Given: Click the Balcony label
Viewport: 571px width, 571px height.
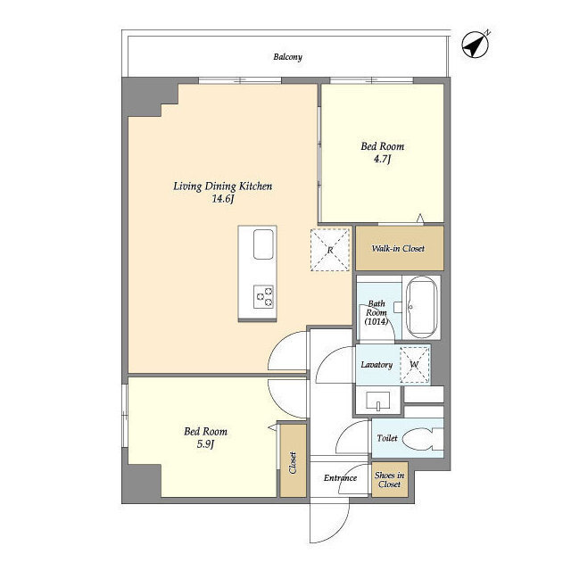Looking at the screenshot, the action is (287, 57).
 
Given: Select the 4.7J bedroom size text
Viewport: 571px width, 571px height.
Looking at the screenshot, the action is (382, 159).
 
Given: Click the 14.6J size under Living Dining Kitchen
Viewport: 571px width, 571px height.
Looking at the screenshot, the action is (222, 199).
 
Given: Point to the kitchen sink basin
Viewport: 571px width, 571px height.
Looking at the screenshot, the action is (263, 244).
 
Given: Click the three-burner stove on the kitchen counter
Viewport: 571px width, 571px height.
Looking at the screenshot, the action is (263, 297).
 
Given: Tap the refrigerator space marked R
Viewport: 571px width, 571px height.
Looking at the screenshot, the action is (330, 250).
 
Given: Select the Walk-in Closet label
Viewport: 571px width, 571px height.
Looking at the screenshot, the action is (398, 248).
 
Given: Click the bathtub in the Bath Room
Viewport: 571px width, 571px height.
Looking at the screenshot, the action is (421, 308).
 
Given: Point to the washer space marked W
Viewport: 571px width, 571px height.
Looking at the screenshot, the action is (415, 365).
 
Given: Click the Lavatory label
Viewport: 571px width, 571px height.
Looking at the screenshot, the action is (377, 365).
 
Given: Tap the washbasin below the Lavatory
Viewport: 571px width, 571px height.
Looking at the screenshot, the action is (378, 401).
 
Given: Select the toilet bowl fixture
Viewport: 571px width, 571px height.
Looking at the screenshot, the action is (422, 438).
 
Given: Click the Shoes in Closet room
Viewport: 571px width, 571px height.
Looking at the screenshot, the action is (390, 480).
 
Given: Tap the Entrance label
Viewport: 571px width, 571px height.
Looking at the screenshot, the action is (341, 478).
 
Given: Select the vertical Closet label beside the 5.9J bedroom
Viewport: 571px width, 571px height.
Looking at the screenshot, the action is (293, 463).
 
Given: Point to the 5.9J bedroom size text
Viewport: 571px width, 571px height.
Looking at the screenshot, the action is (205, 444).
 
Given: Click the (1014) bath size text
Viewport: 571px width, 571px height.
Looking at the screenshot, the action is (377, 321).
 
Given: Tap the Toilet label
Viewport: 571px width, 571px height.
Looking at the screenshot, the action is (387, 438).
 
